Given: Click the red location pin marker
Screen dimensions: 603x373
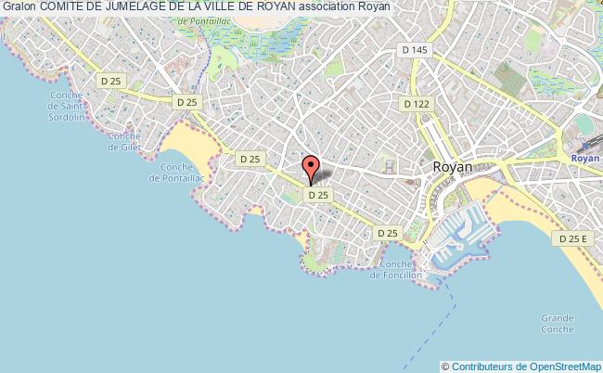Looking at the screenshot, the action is click(311, 169).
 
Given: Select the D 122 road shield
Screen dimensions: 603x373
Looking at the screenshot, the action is click(417, 106).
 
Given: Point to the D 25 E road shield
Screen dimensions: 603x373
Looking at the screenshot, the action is click(571, 239).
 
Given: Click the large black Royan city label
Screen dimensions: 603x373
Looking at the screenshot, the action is click(453, 167).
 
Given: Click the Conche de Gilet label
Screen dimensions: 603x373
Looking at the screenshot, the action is click(123, 142).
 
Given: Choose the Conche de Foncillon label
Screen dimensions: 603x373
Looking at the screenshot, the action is click(395, 269).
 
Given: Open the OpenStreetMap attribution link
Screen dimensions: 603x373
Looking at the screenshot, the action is click(559, 366).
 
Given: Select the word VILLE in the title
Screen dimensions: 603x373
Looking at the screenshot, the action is click(237, 8).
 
